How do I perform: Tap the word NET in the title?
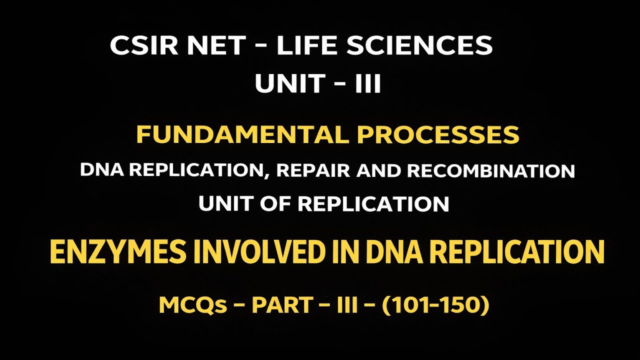pos(219,46)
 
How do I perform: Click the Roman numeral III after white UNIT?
pos(367,84)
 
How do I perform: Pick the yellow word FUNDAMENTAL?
pos(235,135)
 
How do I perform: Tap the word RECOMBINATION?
pos(490,171)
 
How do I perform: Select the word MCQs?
pos(193,305)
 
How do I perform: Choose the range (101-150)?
pos(435,305)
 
